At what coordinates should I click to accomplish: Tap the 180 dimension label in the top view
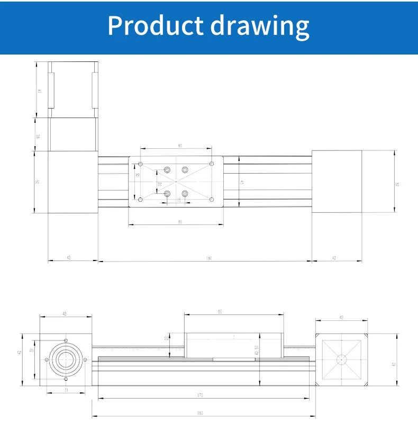click(x=208, y=258)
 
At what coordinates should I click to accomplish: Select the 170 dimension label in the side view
click(x=201, y=395)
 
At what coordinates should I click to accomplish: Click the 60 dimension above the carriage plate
click(x=180, y=146)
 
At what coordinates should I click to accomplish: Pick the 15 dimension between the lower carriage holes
click(x=178, y=201)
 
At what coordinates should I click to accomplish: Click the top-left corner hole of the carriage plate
click(x=140, y=164)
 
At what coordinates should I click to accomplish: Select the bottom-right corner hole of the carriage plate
click(x=212, y=200)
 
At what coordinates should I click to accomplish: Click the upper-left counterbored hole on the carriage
click(x=167, y=169)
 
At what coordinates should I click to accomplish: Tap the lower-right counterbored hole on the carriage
click(x=185, y=194)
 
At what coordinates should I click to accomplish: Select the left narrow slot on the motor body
click(x=51, y=91)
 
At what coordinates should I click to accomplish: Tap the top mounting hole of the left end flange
click(x=66, y=340)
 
